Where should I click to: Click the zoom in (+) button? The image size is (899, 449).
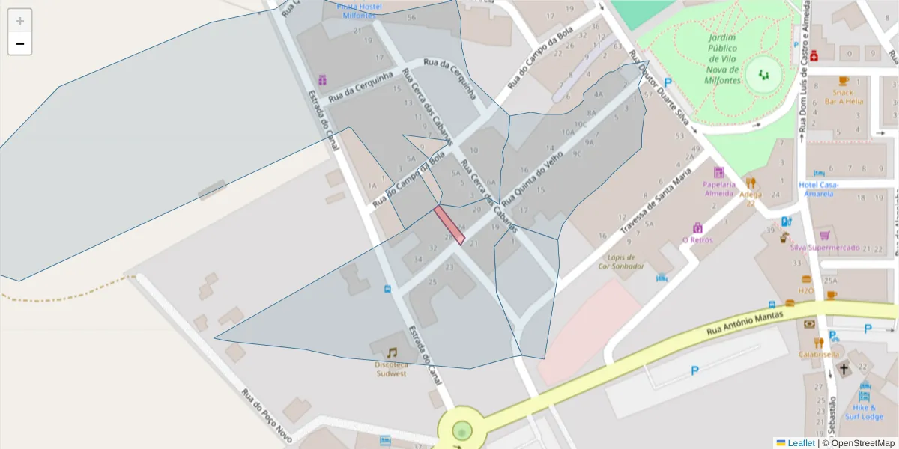point(20,21)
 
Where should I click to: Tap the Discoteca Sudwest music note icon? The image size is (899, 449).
point(392,352)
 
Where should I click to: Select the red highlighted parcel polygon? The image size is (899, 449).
point(449,224)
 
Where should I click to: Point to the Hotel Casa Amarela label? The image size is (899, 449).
point(819,189)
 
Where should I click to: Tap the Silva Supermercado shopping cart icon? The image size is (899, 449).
point(824,235)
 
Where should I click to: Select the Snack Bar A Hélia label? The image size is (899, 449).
point(844,97)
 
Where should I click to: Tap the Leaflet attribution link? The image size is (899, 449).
point(801,443)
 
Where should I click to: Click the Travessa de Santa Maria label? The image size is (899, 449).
point(652,202)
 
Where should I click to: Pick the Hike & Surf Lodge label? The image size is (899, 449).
point(865,412)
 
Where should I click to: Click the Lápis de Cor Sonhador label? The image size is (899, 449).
point(621,261)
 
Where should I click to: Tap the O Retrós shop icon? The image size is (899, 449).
point(697,227)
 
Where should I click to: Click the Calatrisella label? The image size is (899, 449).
point(819,354)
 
